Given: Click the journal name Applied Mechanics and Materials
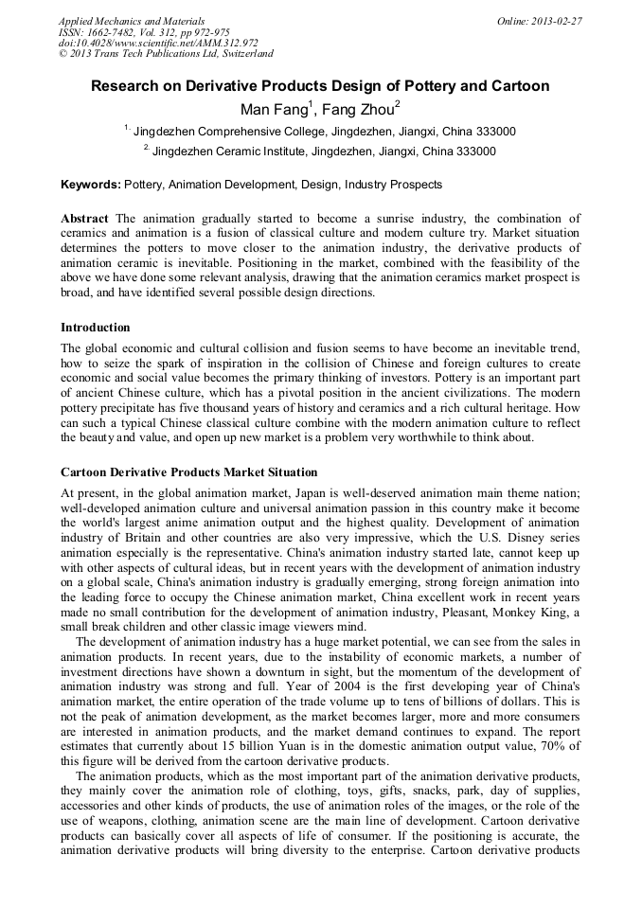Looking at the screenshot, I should (131, 21).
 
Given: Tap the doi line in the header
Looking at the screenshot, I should (158, 43).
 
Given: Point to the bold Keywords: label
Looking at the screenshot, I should (91, 185).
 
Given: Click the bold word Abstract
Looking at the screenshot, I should (84, 219).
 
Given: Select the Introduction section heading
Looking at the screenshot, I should (96, 327).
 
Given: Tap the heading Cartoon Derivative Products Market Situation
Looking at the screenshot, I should (189, 472).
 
